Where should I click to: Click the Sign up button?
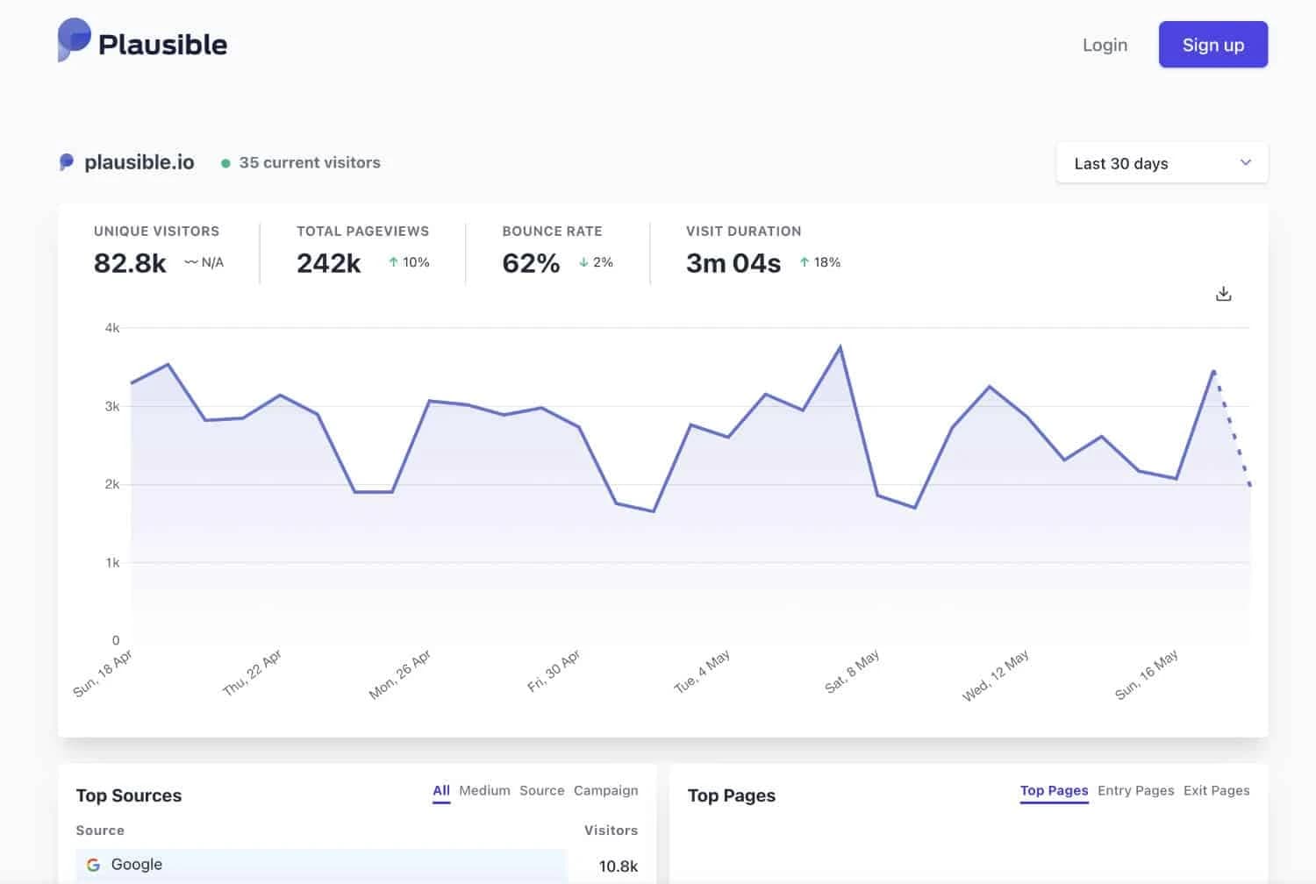(1212, 45)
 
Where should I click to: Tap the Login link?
(1105, 45)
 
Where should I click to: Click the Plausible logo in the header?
(142, 43)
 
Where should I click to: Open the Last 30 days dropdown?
(1162, 163)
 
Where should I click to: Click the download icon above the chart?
(1223, 294)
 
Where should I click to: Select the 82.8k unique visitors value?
(130, 263)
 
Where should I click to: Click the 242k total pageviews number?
(328, 263)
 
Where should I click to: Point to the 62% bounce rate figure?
(531, 263)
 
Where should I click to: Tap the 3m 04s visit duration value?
(733, 263)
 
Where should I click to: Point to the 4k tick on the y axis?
(112, 328)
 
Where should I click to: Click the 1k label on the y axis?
(112, 563)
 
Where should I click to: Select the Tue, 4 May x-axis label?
(702, 673)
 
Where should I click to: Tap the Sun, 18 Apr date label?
(103, 674)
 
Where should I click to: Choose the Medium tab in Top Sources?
(484, 790)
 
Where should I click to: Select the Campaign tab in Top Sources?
(605, 790)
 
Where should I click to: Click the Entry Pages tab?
(1135, 790)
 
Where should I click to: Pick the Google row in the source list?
(320, 865)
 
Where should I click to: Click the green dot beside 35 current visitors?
(225, 163)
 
